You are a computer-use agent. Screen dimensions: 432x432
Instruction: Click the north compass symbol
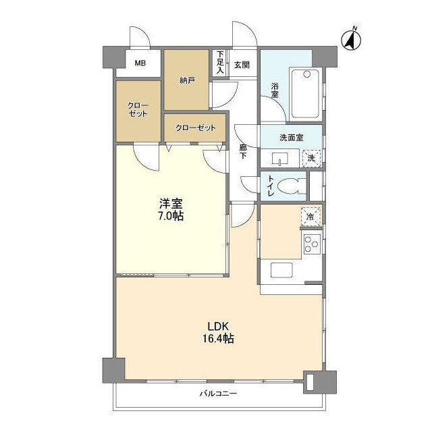(x=351, y=40)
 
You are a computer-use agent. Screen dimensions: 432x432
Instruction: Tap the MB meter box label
(x=140, y=63)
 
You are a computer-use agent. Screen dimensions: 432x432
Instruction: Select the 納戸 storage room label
(x=187, y=80)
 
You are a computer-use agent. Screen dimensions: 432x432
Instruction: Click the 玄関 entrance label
(x=242, y=65)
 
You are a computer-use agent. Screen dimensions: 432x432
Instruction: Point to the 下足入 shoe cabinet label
(x=220, y=62)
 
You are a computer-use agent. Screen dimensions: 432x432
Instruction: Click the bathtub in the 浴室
(x=306, y=93)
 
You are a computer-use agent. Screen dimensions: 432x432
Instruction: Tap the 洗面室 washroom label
(x=292, y=138)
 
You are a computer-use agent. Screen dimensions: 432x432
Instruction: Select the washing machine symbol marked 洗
(x=311, y=158)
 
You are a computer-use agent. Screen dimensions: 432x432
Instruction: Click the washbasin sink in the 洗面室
(x=280, y=159)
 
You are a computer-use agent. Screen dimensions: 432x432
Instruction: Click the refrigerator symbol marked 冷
(x=310, y=217)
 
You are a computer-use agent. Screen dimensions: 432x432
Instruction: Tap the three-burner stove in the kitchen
(x=312, y=244)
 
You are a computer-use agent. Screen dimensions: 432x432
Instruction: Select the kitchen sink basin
(x=281, y=270)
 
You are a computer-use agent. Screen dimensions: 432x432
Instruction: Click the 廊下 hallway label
(x=243, y=151)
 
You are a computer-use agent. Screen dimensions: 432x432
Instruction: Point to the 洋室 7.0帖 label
(x=171, y=210)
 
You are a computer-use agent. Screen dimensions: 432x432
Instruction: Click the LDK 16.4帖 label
(x=218, y=332)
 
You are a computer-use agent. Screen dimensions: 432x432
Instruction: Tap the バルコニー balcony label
(x=218, y=393)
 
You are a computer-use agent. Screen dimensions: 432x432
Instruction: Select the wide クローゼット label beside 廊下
(x=196, y=128)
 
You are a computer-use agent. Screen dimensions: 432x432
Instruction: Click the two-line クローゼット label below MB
(x=138, y=109)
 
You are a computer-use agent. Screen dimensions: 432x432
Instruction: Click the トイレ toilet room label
(x=271, y=186)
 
